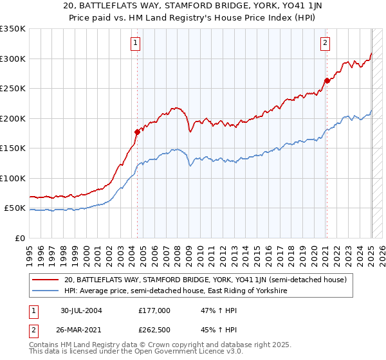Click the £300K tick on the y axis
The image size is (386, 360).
tap(13, 59)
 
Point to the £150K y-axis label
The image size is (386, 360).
tap(13, 148)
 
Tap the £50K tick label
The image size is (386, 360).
tap(15, 208)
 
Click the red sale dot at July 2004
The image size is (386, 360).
tap(137, 132)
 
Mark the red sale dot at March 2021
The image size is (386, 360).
tap(327, 80)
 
